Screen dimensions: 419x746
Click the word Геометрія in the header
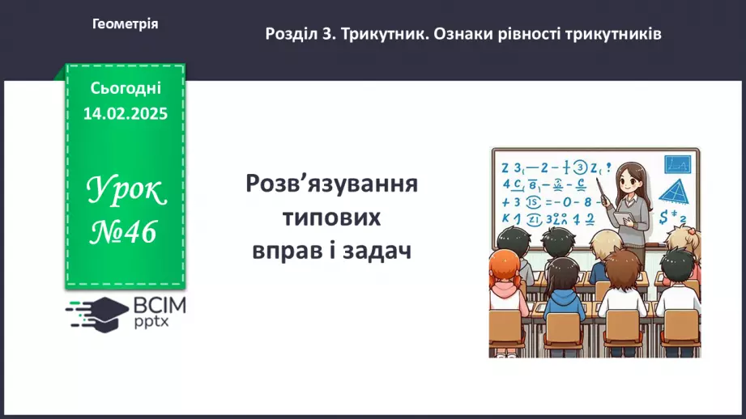[125, 24]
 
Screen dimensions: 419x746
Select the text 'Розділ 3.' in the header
[300, 35]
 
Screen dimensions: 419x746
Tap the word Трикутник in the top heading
[382, 35]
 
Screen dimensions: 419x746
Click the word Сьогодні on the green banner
[126, 87]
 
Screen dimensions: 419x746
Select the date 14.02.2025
[126, 113]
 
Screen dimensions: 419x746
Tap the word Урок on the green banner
[126, 192]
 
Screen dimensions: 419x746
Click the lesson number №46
[126, 233]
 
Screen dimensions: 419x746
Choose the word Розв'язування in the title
[331, 184]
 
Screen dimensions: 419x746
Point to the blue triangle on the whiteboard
[672, 193]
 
